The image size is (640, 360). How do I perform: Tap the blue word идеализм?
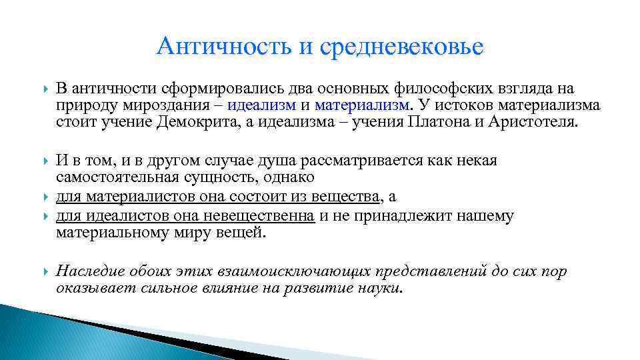[260, 105]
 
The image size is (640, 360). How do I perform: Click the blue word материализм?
[362, 105]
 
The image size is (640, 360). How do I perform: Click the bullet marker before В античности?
[44, 89]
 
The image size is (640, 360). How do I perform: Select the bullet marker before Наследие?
[44, 272]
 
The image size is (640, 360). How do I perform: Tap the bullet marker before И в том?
[44, 161]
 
